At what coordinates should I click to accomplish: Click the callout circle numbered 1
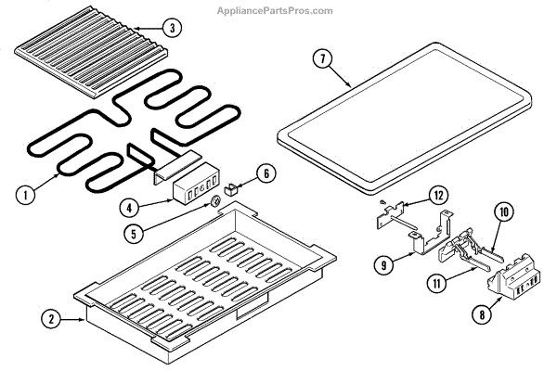(x=26, y=196)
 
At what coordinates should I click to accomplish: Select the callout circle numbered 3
(x=171, y=29)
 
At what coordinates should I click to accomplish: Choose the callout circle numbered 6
(x=266, y=173)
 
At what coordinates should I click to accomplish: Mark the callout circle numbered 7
(x=322, y=58)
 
